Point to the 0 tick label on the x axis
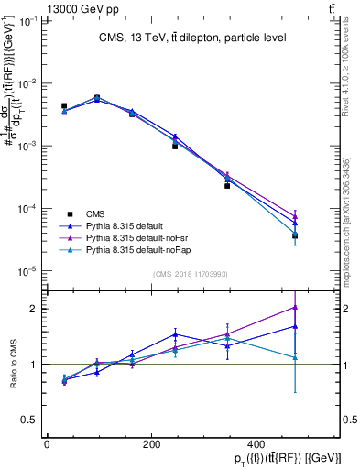point(47,444)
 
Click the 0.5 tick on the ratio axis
point(29,420)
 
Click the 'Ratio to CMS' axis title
point(11,364)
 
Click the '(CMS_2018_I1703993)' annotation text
point(191,274)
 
